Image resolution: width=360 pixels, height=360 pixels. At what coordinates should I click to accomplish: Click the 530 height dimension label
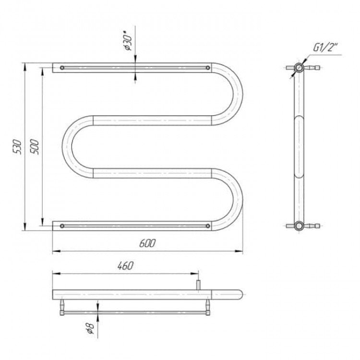point(17,147)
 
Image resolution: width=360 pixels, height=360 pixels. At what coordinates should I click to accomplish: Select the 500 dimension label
point(35,147)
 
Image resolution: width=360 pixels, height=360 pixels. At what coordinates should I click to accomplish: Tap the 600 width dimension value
point(147,243)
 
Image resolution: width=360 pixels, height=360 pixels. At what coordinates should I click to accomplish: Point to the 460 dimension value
point(125,265)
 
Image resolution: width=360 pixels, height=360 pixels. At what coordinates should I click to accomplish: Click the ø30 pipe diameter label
point(128,42)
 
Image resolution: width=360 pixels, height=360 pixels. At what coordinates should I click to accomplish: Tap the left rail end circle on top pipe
point(62,68)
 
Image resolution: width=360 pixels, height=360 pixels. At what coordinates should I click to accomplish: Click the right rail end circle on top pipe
point(208,68)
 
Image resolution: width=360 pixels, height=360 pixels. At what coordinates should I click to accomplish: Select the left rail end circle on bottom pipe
point(62,226)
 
